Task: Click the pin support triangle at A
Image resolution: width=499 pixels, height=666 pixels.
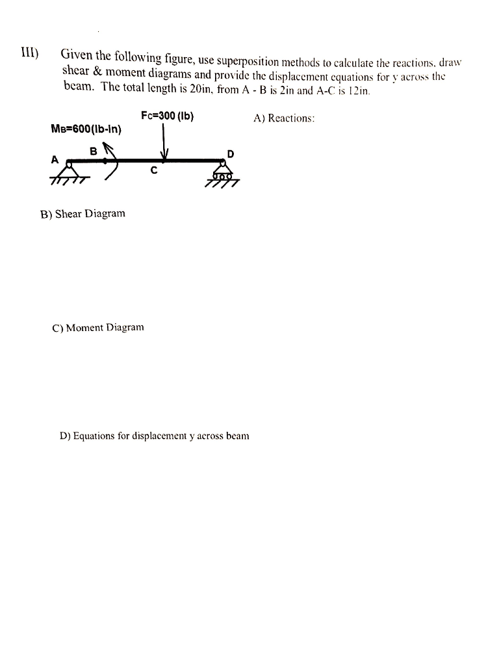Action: point(70,170)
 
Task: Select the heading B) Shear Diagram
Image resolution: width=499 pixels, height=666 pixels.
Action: point(83,213)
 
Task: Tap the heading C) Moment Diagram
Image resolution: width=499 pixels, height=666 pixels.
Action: point(98,328)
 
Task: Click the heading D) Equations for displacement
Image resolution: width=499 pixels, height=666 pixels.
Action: point(154,436)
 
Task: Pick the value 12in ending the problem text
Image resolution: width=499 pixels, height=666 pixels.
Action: point(359,90)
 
